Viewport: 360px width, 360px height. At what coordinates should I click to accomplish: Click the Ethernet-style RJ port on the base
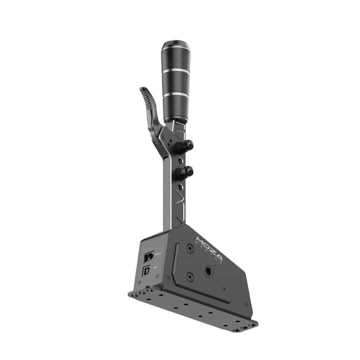tap(148, 257)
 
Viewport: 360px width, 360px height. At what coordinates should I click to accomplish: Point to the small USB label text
tap(155, 268)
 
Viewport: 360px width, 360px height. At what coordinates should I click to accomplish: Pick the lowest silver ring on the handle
tap(175, 94)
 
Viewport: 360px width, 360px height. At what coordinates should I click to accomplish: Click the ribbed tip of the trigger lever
tap(144, 92)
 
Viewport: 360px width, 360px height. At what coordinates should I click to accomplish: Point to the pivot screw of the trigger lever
tap(163, 138)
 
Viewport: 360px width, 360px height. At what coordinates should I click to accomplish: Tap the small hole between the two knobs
tap(177, 158)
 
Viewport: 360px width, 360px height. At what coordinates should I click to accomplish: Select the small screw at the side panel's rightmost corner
tap(246, 304)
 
